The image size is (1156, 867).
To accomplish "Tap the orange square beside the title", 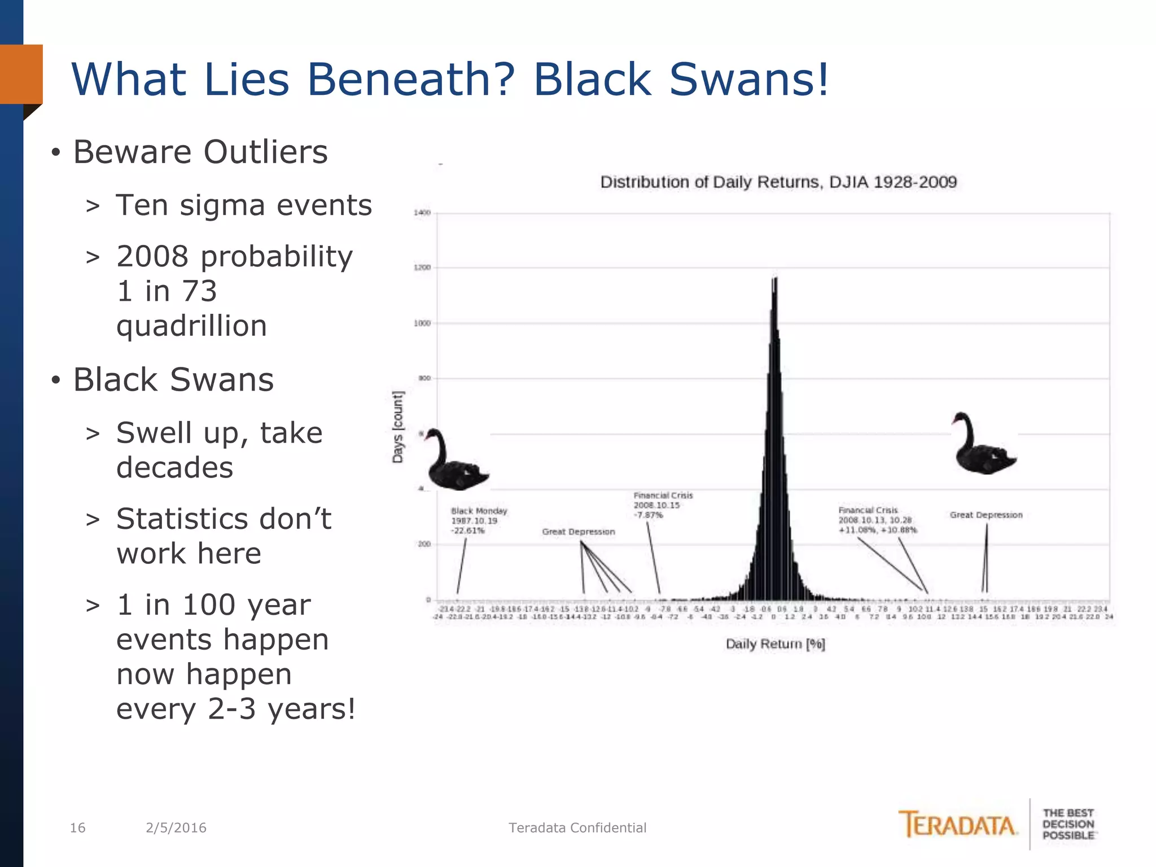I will [x=21, y=74].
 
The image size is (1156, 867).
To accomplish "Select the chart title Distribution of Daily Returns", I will [x=778, y=182].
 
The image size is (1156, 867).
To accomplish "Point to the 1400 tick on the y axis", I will [x=422, y=213].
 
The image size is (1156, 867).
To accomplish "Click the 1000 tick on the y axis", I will [x=422, y=323].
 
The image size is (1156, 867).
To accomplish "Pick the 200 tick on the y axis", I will [x=424, y=544].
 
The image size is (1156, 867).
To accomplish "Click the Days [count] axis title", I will [x=398, y=427].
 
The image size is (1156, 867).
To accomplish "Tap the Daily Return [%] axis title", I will [x=775, y=644].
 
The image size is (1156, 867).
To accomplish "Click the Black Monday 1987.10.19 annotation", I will [x=479, y=520].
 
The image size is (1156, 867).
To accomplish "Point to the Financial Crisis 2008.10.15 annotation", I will [x=663, y=505].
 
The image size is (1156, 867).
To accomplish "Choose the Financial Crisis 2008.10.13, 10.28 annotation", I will [x=877, y=520].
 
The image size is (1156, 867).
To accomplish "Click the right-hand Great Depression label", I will [x=986, y=515].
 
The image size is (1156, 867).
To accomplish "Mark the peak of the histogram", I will [x=775, y=279].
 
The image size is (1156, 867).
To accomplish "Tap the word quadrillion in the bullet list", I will [x=191, y=326].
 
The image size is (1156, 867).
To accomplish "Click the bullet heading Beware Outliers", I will [x=200, y=152].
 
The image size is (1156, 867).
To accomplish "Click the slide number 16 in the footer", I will [x=77, y=827].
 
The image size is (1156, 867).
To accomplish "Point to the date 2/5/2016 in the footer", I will [x=176, y=827].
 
